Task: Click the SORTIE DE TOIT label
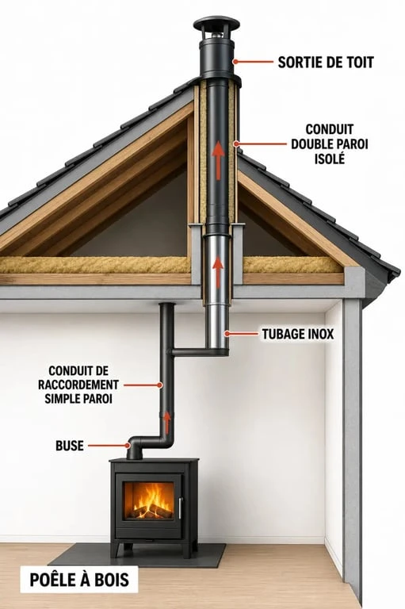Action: click(x=326, y=62)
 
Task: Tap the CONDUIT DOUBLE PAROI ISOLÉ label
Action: click(x=329, y=144)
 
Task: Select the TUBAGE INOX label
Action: click(x=298, y=334)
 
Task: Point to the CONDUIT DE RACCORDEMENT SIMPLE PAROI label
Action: click(x=78, y=385)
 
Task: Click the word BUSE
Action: click(x=70, y=446)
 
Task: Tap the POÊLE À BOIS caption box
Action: click(x=79, y=580)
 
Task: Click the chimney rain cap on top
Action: click(x=217, y=25)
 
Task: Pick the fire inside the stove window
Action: click(x=151, y=500)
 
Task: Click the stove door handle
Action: click(x=180, y=507)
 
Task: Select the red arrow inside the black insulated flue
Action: click(x=219, y=160)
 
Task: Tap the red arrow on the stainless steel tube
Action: click(x=218, y=272)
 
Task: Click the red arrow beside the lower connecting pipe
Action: click(x=167, y=423)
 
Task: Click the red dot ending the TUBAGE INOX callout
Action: click(x=227, y=334)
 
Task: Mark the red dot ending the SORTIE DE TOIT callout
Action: click(x=235, y=61)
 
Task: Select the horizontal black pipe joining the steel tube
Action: click(x=198, y=352)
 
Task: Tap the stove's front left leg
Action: click(x=117, y=550)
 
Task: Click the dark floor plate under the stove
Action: click(x=136, y=554)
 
